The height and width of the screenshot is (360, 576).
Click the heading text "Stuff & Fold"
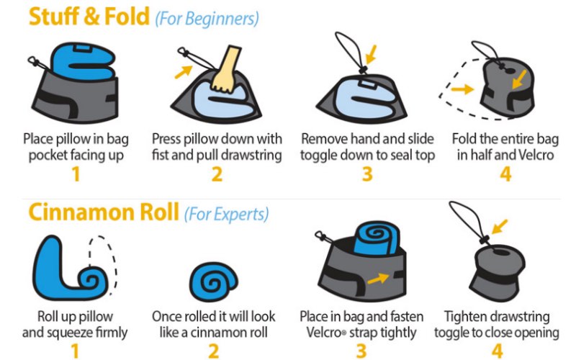point(89,17)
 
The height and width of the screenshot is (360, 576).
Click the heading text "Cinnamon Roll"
point(104,212)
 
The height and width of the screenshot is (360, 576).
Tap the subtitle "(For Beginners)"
point(207,19)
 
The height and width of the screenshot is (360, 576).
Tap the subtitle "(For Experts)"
point(226,214)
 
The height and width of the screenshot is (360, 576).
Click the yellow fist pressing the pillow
point(225,71)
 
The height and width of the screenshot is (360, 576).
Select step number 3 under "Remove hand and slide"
point(367,174)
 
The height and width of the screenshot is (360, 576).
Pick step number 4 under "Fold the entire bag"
point(505,174)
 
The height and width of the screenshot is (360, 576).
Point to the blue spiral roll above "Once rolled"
point(213,282)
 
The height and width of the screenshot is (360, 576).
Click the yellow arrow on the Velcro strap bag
point(378,279)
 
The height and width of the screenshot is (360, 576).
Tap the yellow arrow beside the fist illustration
point(184,71)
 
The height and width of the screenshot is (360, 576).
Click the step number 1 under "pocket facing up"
point(76,174)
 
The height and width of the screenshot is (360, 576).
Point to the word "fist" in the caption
point(160,155)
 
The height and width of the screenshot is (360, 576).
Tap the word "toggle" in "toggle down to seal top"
point(320,155)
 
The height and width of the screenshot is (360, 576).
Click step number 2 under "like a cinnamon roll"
point(213,351)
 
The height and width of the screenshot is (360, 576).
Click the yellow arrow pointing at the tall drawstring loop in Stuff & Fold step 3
point(371,54)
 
